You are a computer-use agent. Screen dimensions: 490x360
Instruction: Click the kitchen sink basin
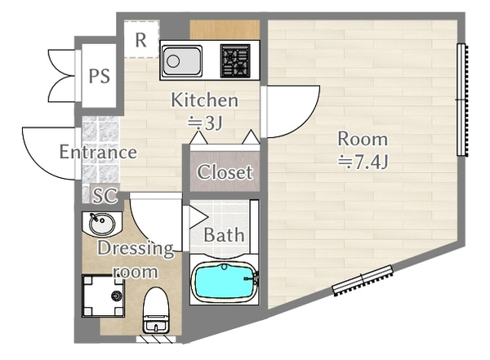point(182,60)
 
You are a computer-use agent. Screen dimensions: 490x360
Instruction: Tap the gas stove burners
point(235,60)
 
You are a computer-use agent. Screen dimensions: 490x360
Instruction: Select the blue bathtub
point(225,281)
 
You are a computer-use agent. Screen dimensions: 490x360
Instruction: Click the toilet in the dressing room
point(156,311)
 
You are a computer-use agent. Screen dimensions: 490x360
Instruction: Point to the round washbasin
point(101,224)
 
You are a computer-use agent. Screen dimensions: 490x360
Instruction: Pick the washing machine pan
point(103,296)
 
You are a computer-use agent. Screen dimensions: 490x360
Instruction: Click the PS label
point(100,76)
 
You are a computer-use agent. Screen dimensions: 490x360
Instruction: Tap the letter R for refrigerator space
point(141,40)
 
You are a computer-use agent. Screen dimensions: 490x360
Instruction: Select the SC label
point(105,196)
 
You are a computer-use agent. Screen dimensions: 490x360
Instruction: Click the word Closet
point(225,172)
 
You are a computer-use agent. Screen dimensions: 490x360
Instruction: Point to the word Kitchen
point(205,100)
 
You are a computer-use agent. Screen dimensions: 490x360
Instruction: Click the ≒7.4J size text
point(363,162)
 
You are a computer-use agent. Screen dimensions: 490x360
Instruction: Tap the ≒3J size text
point(205,122)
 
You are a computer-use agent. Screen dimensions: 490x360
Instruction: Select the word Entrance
point(98,152)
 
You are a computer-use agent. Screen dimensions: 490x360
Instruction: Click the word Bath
point(224,234)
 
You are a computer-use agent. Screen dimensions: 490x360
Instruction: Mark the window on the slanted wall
point(363,280)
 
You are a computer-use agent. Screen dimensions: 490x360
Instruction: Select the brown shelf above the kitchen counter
point(225,29)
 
